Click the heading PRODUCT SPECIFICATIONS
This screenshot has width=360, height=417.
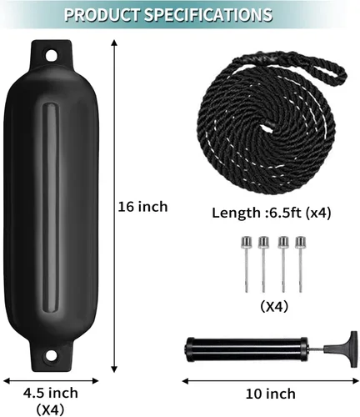click(179, 14)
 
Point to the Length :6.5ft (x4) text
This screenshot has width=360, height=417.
click(270, 213)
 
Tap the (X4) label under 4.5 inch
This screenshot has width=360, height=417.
click(50, 409)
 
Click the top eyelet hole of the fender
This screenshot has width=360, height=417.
click(51, 57)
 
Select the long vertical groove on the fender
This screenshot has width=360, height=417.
click(52, 205)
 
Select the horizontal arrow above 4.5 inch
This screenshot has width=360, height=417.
click(50, 379)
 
